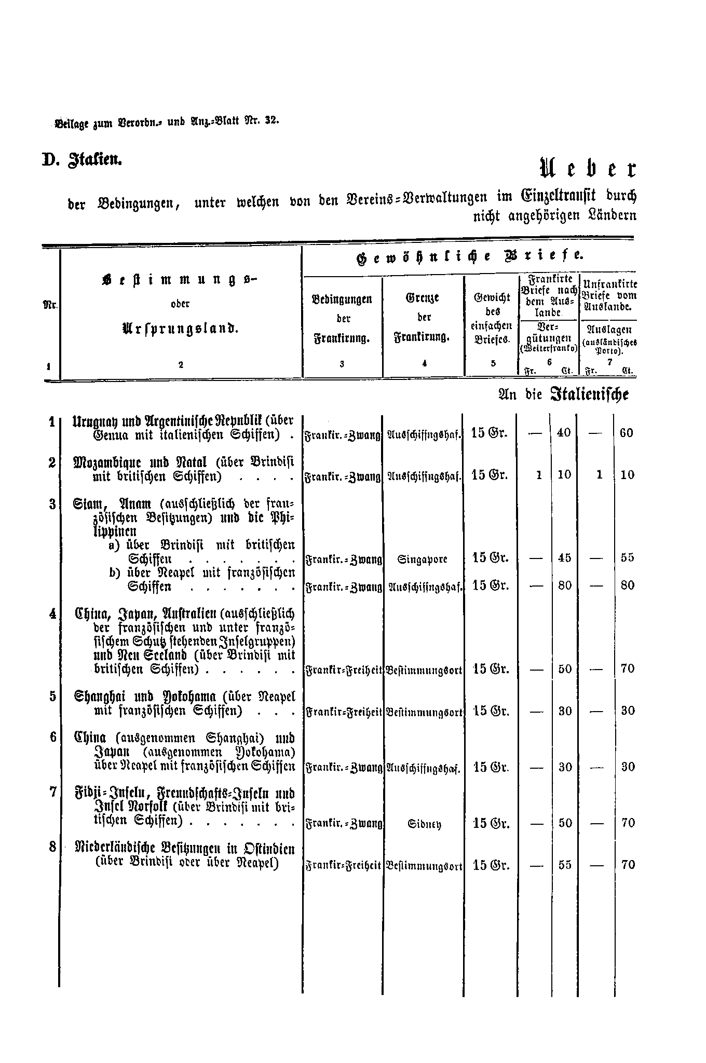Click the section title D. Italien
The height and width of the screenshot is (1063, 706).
[82, 159]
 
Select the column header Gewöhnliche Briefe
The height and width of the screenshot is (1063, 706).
[469, 257]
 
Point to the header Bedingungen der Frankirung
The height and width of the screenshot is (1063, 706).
[342, 319]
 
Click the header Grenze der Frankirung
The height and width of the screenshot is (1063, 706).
[424, 317]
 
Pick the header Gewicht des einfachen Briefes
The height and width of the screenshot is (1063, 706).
[492, 318]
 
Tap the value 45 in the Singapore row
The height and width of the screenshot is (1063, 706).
[564, 558]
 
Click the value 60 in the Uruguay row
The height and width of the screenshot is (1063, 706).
[627, 433]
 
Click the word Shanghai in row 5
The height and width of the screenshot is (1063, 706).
[99, 697]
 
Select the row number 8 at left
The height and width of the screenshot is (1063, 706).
[52, 847]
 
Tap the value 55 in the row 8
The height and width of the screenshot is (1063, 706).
[564, 865]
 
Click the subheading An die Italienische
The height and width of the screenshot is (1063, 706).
[563, 394]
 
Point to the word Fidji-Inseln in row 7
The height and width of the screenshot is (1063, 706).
[107, 794]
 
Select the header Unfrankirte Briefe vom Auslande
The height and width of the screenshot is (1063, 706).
[610, 295]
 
